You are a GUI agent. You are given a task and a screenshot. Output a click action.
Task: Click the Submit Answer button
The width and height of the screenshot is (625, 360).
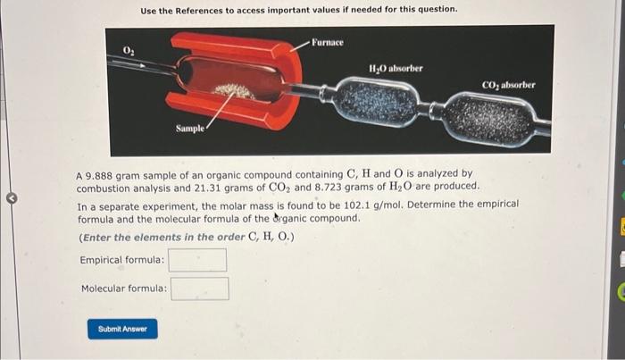(x=123, y=329)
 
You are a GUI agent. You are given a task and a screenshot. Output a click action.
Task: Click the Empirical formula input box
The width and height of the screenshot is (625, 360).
(x=197, y=260)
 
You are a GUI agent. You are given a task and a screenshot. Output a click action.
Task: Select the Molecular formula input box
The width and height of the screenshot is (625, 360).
(x=200, y=289)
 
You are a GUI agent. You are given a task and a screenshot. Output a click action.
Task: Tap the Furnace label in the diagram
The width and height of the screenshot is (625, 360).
(x=328, y=42)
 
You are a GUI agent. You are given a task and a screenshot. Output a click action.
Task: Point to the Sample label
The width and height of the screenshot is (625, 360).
(x=190, y=129)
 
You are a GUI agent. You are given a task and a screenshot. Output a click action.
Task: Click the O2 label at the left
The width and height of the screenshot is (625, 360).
(x=129, y=50)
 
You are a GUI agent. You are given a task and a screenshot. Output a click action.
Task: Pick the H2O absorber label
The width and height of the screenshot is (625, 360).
(x=396, y=69)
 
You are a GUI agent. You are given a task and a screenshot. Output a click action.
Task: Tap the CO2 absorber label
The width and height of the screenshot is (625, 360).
(x=509, y=85)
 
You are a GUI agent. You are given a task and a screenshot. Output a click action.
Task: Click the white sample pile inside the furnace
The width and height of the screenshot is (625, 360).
(x=233, y=91)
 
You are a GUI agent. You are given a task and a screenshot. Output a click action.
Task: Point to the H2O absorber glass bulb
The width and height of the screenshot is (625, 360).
(x=378, y=102)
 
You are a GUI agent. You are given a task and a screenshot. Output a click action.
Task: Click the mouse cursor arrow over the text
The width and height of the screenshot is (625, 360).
(x=277, y=216)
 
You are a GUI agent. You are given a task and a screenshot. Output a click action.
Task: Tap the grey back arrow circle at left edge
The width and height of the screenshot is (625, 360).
(x=12, y=198)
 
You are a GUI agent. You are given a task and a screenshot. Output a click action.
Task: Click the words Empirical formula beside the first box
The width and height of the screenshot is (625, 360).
(x=122, y=260)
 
